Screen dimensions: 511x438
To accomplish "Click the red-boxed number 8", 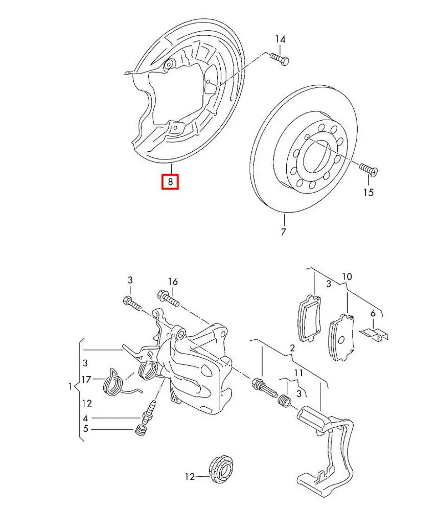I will coord(170,181).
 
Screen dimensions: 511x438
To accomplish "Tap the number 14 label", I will coord(280,39).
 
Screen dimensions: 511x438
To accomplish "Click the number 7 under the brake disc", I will coord(283,231).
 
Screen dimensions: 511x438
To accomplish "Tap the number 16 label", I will coord(173,281).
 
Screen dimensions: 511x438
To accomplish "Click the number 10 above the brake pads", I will coord(347,277).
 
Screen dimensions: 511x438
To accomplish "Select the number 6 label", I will coord(373,313).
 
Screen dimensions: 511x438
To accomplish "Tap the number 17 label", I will coord(86,380).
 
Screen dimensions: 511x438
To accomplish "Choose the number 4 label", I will coord(85,417).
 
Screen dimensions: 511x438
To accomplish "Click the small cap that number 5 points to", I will coord(140,431).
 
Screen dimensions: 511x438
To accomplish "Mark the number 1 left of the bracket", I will coord(71,387).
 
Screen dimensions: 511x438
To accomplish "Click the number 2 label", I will coord(292,349).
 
